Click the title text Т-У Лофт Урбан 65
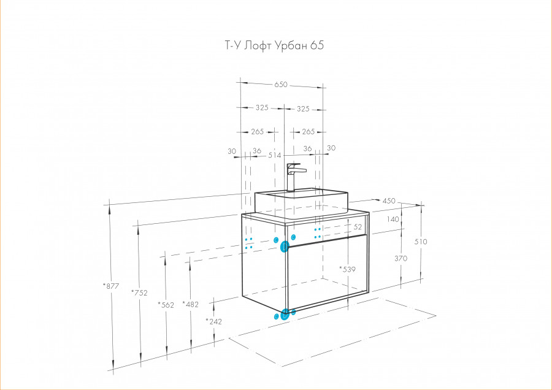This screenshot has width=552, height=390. [274, 45]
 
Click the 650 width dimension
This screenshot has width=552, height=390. [281, 85]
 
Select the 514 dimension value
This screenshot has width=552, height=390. [275, 155]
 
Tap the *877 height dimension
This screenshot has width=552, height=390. [111, 286]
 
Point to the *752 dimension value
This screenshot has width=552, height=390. [139, 292]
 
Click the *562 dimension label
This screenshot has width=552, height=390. [166, 305]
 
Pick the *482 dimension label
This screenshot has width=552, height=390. [191, 304]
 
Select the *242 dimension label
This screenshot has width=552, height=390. [214, 321]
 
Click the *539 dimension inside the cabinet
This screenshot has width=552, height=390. [348, 269]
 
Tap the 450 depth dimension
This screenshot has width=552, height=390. [389, 201]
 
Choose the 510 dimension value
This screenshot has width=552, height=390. [421, 242]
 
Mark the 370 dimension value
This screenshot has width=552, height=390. [401, 258]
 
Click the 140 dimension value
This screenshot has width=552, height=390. [393, 220]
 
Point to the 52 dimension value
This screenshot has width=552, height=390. [358, 227]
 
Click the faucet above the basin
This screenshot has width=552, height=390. [294, 177]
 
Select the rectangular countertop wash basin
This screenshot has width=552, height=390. [301, 203]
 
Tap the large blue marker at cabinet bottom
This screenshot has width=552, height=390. [285, 313]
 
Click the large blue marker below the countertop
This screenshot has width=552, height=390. [285, 247]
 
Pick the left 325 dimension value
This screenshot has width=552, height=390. [262, 108]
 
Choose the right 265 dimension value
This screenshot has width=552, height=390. [309, 132]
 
